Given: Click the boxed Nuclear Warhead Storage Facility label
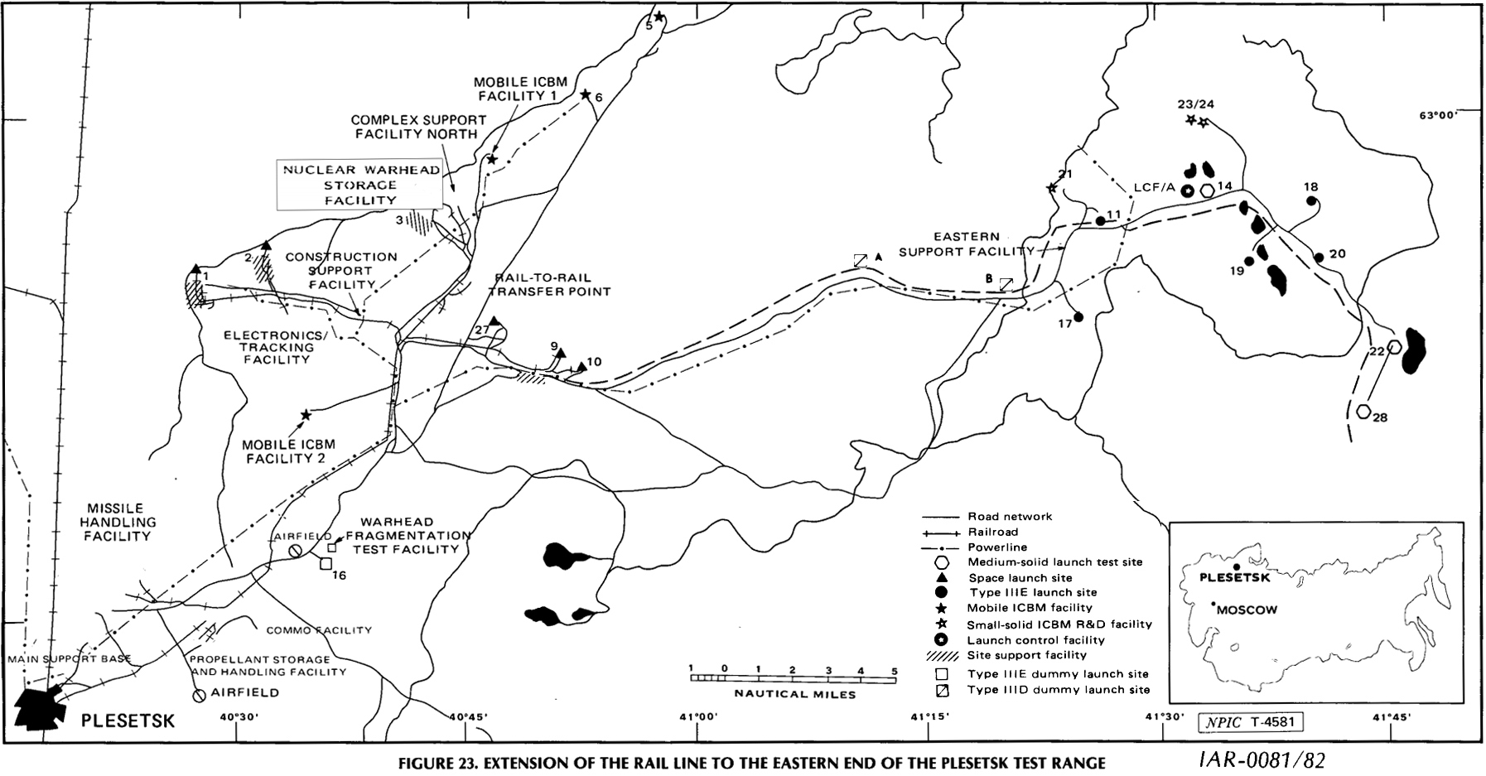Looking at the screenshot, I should pyautogui.click(x=359, y=185).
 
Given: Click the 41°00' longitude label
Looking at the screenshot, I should pyautogui.click(x=696, y=717).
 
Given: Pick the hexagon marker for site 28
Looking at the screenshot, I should pyautogui.click(x=1363, y=410).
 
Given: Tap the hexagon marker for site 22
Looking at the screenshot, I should pyautogui.click(x=1395, y=347).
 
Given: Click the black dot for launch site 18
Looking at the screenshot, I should pyautogui.click(x=1311, y=200).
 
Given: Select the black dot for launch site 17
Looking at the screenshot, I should pyautogui.click(x=1078, y=316).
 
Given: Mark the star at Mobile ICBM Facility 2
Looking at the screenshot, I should pyautogui.click(x=306, y=415).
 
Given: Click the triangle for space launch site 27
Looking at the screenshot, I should pyautogui.click(x=495, y=321).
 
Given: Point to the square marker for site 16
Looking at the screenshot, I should pyautogui.click(x=326, y=563).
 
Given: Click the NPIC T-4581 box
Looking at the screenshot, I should pyautogui.click(x=1251, y=721).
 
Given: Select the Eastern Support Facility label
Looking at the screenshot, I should pyautogui.click(x=965, y=243).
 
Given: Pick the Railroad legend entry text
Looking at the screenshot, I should pyautogui.click(x=992, y=532).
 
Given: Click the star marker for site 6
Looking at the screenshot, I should pyautogui.click(x=585, y=95).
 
